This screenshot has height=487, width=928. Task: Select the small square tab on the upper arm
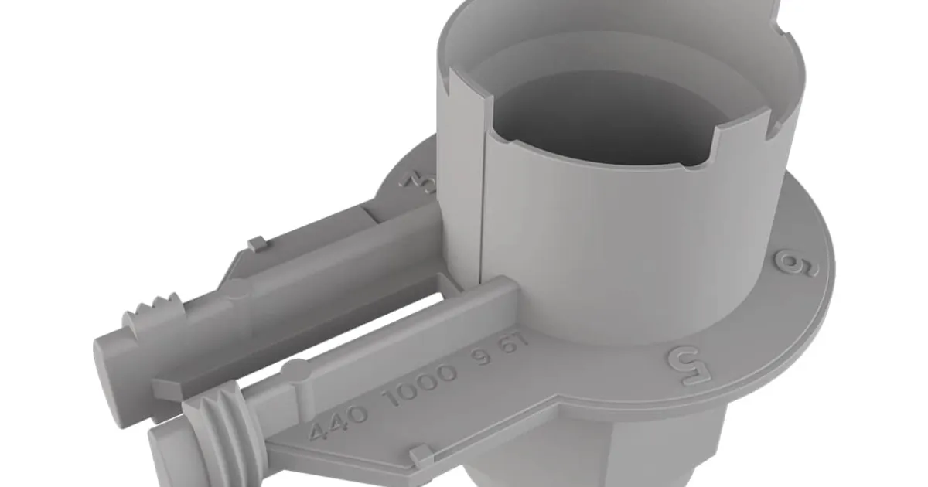point(258,243)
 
